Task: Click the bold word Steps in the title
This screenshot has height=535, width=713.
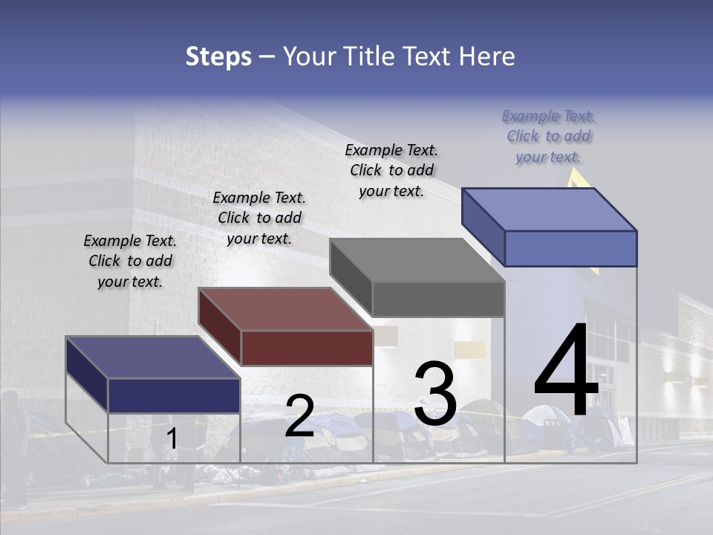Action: (x=218, y=56)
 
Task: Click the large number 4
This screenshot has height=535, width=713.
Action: (x=566, y=372)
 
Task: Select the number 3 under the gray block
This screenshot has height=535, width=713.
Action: (x=435, y=394)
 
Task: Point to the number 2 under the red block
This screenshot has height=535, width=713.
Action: (x=299, y=416)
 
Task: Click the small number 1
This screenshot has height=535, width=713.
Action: (x=172, y=439)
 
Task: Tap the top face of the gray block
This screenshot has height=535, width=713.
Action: (x=417, y=260)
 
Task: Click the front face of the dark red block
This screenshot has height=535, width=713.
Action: (x=307, y=348)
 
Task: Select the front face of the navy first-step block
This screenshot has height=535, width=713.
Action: (x=174, y=395)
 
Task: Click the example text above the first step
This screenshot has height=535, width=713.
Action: (x=130, y=261)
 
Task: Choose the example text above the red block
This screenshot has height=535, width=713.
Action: (x=259, y=218)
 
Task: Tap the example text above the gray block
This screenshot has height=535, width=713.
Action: (x=391, y=170)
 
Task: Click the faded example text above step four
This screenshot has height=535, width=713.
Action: (x=549, y=136)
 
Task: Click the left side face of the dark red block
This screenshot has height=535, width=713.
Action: (x=219, y=327)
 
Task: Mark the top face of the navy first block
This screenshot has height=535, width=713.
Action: (x=152, y=357)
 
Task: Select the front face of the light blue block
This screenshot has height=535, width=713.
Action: (x=570, y=248)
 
